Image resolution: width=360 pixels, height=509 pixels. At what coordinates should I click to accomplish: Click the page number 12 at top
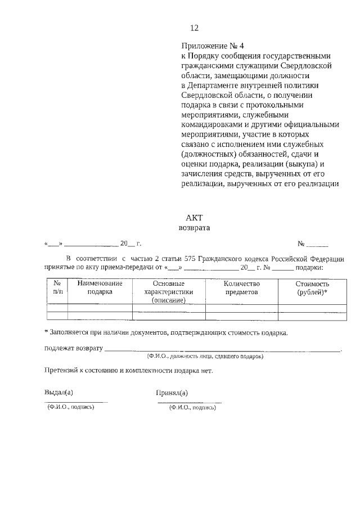click(x=195, y=28)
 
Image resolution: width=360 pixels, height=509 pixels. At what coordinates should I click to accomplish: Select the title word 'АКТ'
click(x=193, y=218)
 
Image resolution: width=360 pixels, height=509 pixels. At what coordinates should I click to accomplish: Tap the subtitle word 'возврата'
click(x=193, y=228)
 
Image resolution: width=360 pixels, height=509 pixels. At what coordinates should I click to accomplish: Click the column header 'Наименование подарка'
click(x=100, y=288)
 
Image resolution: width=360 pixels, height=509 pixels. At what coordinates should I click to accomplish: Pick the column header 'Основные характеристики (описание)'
click(x=168, y=292)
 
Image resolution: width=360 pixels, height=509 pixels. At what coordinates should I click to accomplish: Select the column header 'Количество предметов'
click(x=241, y=288)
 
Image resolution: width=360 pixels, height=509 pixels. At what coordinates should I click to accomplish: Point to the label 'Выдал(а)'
click(x=58, y=393)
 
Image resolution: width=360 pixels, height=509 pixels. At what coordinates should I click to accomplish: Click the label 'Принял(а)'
click(x=172, y=393)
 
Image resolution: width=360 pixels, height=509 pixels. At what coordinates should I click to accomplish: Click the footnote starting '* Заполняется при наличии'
click(x=166, y=332)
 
